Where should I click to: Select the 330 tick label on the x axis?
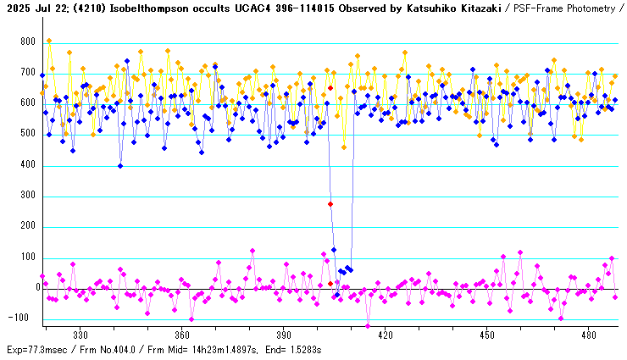pos(80,335)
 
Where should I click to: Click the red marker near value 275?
pos(330,204)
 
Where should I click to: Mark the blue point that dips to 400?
pos(120,166)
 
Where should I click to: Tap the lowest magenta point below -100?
pos(368,326)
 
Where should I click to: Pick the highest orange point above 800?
pos(49,41)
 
